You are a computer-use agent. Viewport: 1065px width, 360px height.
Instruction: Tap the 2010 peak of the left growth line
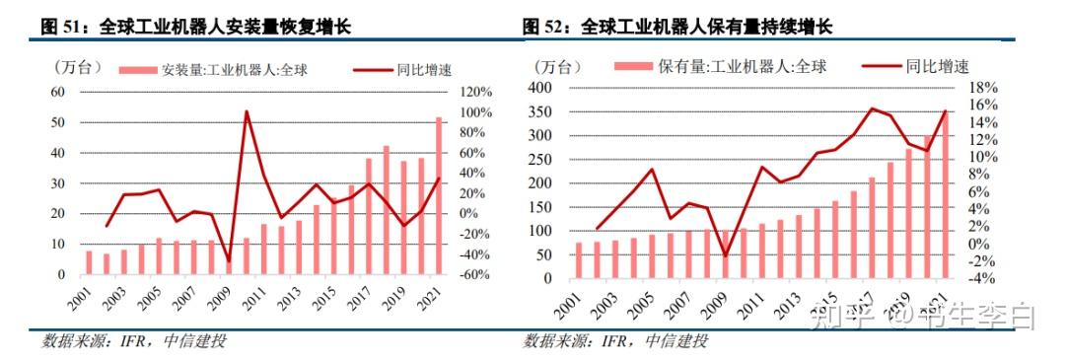click(247, 111)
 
